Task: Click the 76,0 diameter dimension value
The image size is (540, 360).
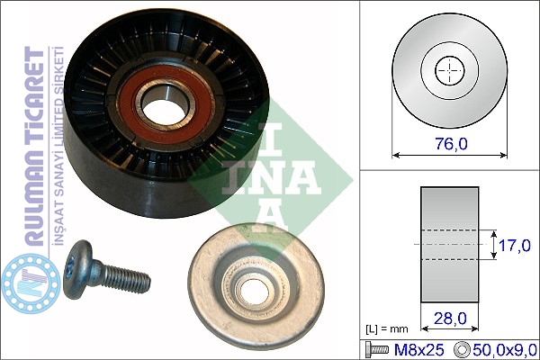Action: click(x=452, y=143)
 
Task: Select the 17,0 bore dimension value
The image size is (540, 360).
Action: click(x=515, y=246)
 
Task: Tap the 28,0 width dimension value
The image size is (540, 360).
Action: click(x=450, y=319)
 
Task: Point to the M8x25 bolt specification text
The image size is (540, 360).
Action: click(x=418, y=350)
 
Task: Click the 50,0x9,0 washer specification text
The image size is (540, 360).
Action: click(x=505, y=350)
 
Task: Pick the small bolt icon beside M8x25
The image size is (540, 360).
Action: click(x=377, y=350)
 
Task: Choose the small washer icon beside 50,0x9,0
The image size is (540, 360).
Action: click(x=462, y=350)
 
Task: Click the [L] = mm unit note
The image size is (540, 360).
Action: click(x=386, y=329)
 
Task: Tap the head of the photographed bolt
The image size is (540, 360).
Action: click(x=78, y=268)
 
